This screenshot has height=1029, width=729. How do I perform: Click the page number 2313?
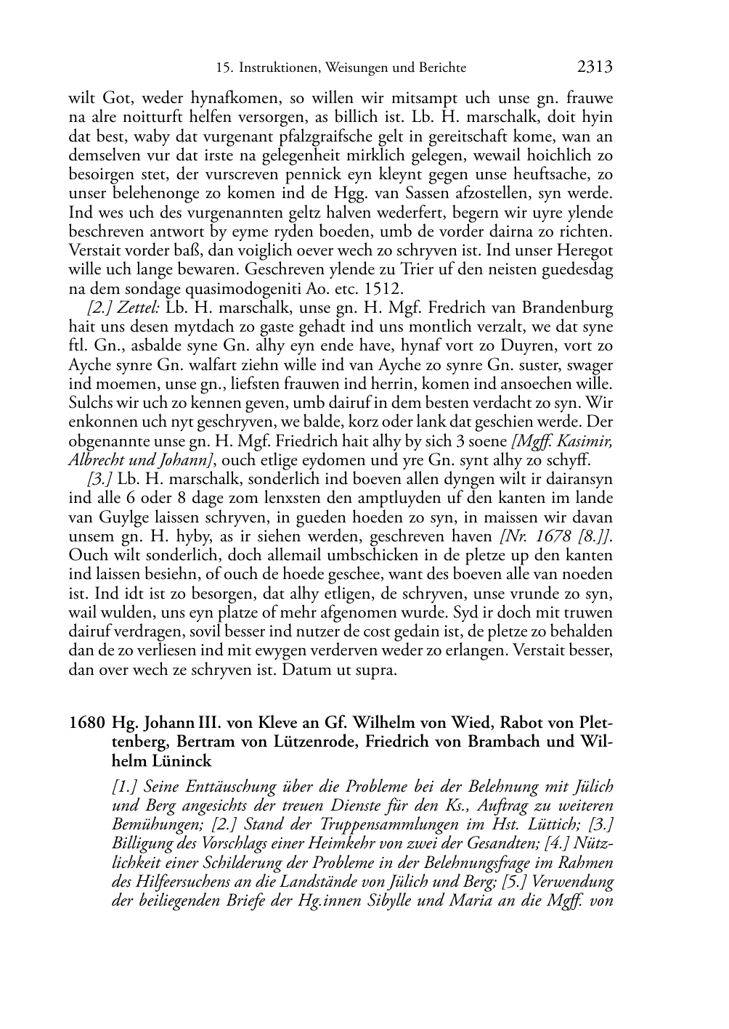click(x=595, y=67)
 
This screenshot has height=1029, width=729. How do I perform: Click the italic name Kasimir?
click(x=587, y=441)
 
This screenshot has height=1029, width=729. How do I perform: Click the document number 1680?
click(x=86, y=723)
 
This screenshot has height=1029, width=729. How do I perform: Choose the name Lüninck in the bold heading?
click(x=177, y=761)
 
